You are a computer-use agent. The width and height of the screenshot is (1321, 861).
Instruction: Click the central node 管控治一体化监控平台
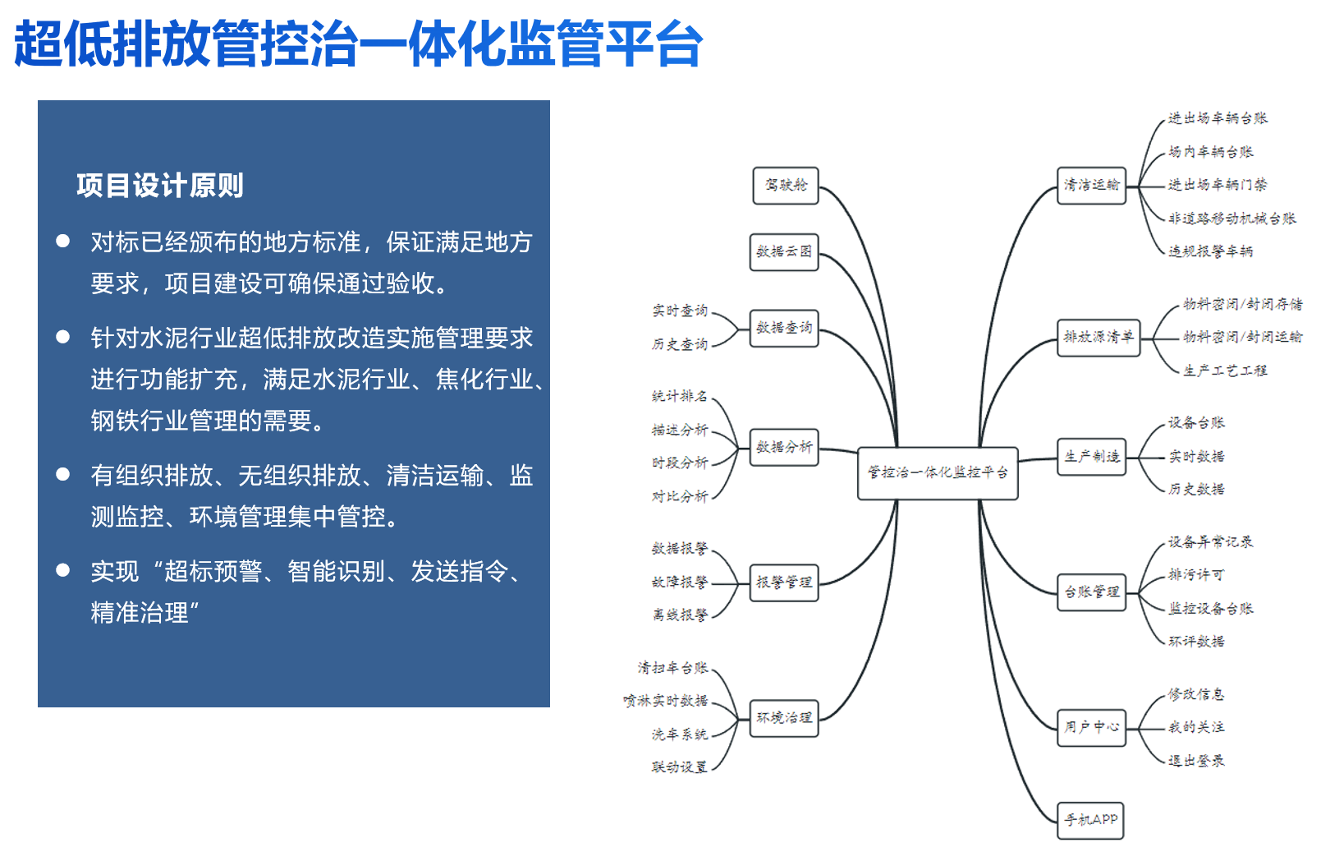click(x=937, y=472)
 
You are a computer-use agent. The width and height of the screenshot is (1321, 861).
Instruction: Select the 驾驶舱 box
click(x=786, y=186)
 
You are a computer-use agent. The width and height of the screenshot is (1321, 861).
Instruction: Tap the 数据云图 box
click(x=784, y=252)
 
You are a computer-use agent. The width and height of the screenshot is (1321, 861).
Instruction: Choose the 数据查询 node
click(x=784, y=328)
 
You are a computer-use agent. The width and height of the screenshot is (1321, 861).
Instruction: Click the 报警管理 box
click(x=784, y=582)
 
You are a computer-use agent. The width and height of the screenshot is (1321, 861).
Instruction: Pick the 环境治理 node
click(x=784, y=718)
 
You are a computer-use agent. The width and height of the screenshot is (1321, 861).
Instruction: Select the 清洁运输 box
click(x=1092, y=186)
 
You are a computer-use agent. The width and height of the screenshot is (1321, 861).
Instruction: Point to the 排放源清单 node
click(x=1099, y=338)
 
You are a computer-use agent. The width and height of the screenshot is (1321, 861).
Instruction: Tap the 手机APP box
click(x=1090, y=820)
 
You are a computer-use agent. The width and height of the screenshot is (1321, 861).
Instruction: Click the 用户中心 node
click(x=1092, y=727)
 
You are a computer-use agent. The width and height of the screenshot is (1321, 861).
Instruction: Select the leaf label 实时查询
click(x=680, y=311)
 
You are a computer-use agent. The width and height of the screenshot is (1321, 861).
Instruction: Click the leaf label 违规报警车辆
click(x=1211, y=251)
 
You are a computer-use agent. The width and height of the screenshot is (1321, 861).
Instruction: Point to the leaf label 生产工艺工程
click(x=1225, y=371)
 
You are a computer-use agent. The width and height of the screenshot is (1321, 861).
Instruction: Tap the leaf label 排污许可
click(x=1196, y=575)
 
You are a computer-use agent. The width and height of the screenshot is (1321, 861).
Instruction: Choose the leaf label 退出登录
click(x=1196, y=761)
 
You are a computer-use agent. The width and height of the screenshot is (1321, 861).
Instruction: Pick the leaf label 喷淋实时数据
click(x=666, y=701)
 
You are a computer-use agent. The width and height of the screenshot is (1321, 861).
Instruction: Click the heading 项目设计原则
click(x=160, y=186)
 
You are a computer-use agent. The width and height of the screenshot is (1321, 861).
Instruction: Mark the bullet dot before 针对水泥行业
click(x=62, y=337)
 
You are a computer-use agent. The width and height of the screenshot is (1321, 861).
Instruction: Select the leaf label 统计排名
click(x=680, y=396)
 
